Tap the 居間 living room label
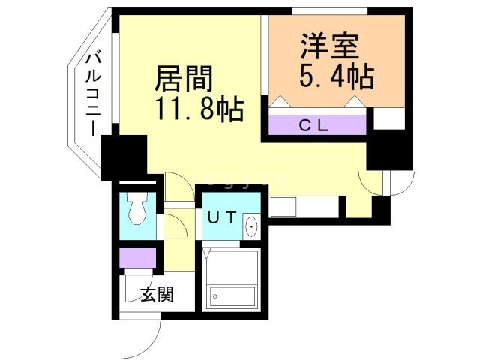click(184, 78)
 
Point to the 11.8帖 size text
click(199, 110)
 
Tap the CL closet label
click(314, 125)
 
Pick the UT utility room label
click(222, 218)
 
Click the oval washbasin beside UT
click(251, 225)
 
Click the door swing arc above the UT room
click(178, 185)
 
